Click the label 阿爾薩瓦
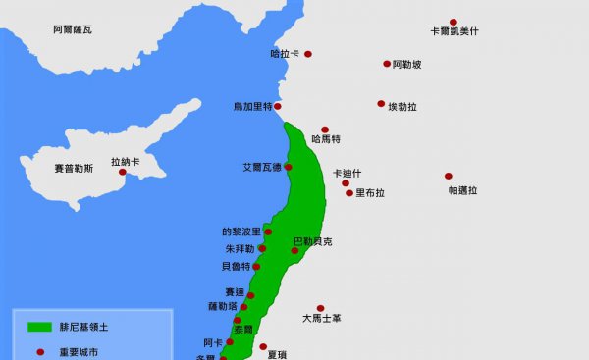click(72, 30)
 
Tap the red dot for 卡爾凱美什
click(454, 22)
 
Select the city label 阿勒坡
click(406, 65)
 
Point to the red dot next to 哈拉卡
click(307, 54)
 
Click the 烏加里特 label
click(252, 106)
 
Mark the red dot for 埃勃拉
click(381, 103)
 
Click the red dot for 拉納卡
click(123, 173)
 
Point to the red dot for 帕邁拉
click(449, 177)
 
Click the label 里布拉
click(370, 193)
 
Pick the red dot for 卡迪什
click(345, 182)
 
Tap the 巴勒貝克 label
click(312, 240)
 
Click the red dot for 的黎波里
click(268, 231)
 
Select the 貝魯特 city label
click(237, 266)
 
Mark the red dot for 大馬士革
click(320, 308)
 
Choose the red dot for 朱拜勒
click(262, 249)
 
